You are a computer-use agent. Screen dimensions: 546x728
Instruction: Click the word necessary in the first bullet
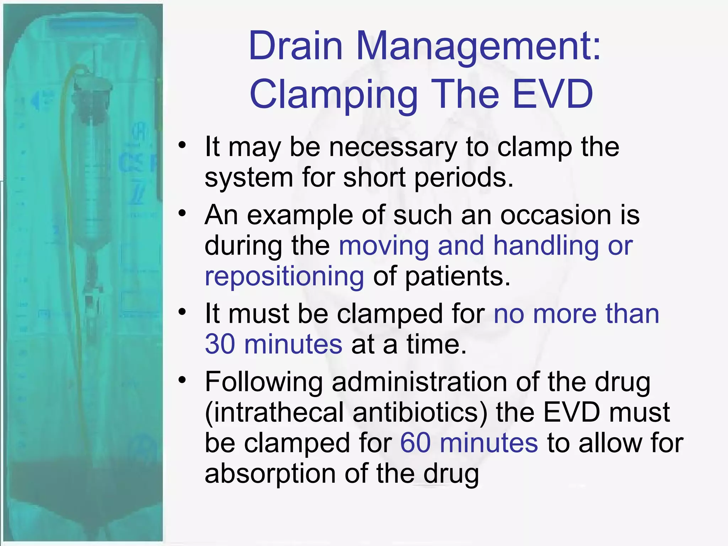pos(393,147)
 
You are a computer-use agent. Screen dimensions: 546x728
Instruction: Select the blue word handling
pos(546,246)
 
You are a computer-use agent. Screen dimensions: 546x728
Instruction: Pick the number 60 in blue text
pos(415,443)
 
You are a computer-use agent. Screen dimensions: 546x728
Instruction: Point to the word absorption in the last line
pos(270,474)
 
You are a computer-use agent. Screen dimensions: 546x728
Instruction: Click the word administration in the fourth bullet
pos(419,382)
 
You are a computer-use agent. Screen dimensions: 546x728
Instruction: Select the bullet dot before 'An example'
pos(182,213)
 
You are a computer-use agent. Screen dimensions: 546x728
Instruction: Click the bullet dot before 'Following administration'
pos(182,380)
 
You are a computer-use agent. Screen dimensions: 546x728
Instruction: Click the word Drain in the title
pos(295,47)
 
